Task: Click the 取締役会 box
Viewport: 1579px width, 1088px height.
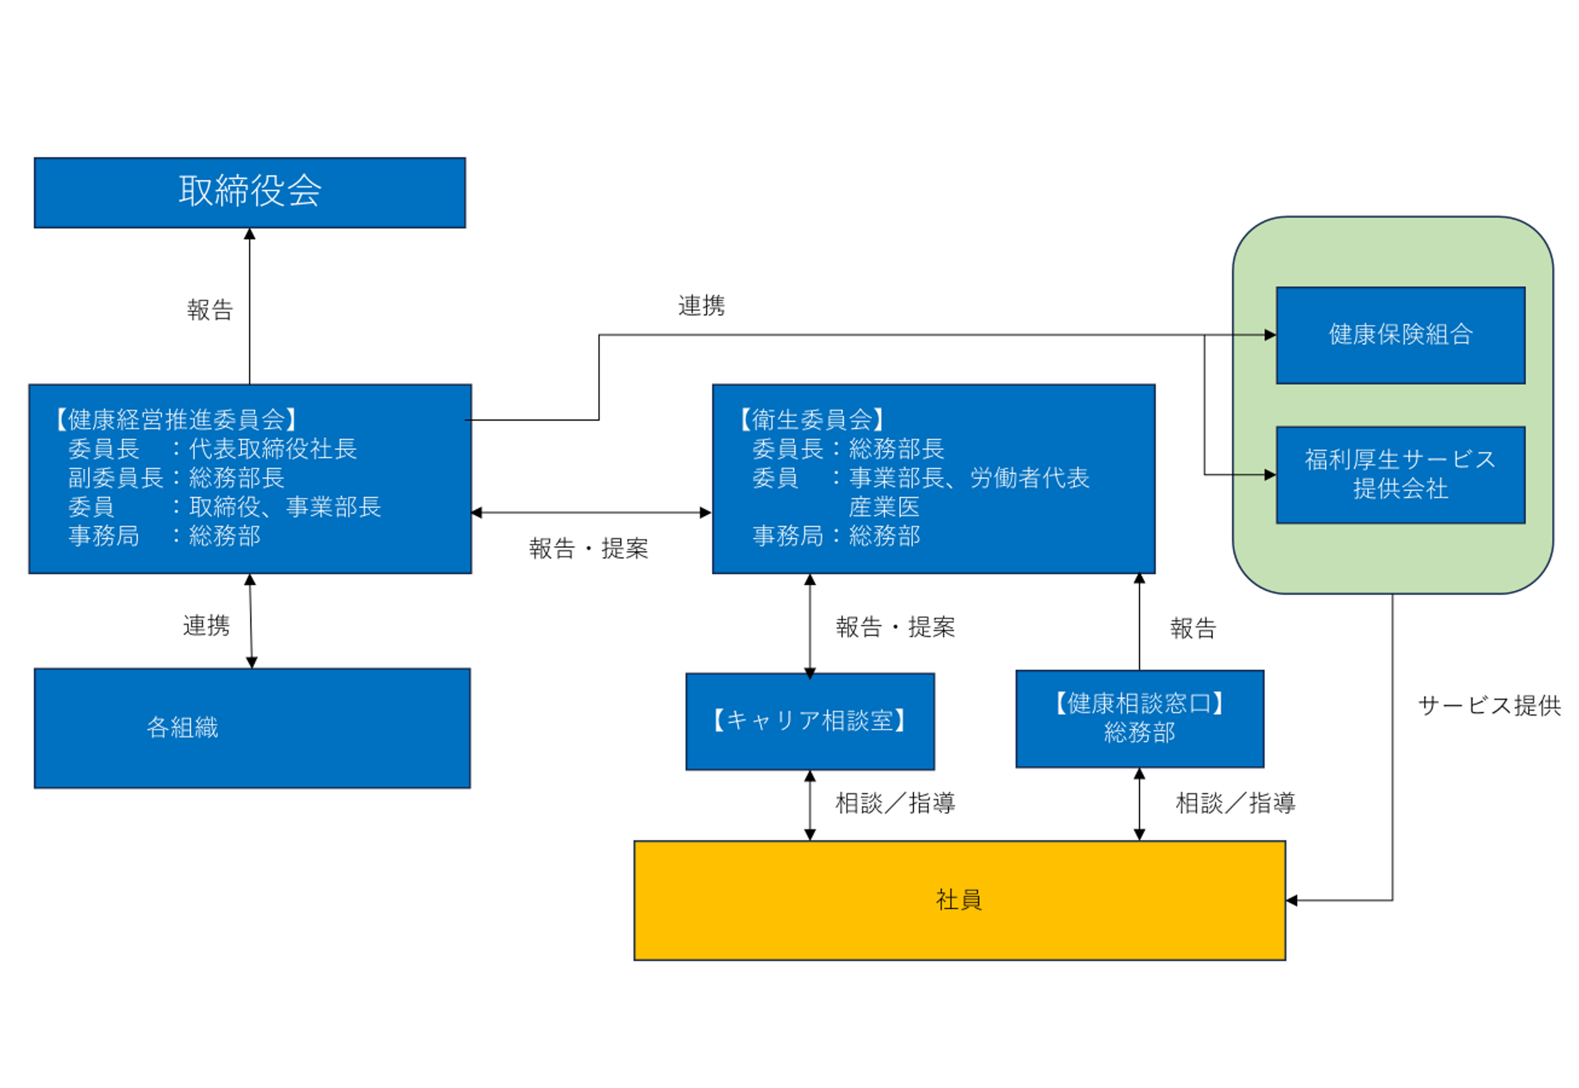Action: point(250,192)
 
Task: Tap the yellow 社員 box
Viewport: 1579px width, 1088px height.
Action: point(959,900)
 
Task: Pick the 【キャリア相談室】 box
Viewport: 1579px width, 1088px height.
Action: point(809,720)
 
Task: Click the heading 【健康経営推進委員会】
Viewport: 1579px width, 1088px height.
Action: point(176,419)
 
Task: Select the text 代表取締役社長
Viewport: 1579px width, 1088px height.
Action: point(273,448)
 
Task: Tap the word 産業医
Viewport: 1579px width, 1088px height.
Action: point(884,507)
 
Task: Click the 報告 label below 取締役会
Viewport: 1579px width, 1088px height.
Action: point(210,310)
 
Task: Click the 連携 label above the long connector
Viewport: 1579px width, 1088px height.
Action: point(701,305)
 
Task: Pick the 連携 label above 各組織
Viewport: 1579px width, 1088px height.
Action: point(206,625)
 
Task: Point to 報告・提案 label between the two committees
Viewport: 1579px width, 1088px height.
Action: point(588,548)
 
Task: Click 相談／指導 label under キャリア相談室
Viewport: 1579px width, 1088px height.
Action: point(895,803)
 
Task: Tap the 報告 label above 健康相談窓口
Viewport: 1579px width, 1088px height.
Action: point(1193,628)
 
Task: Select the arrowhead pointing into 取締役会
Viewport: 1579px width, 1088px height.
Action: point(250,234)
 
